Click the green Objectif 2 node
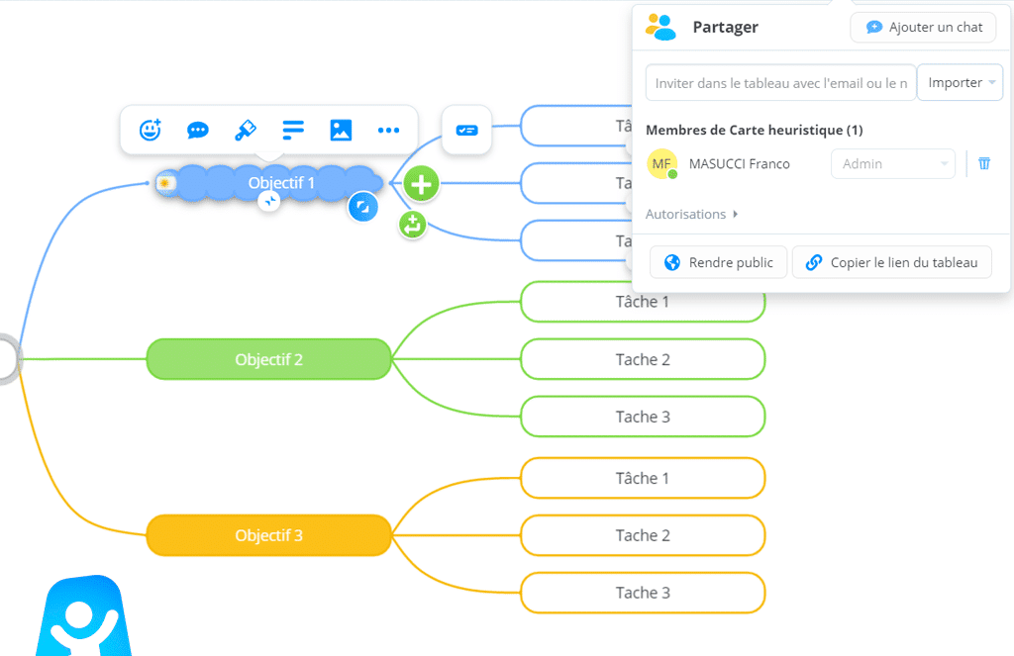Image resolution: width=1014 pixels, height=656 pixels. [269, 359]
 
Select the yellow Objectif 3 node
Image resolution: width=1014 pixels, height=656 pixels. [269, 535]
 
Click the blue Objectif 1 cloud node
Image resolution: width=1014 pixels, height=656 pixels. [281, 183]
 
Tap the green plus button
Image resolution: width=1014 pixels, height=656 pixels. [423, 183]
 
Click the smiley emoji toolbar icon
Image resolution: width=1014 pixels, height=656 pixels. [150, 130]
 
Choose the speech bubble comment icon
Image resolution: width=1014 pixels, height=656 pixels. [198, 130]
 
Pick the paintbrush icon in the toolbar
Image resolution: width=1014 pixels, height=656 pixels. [246, 130]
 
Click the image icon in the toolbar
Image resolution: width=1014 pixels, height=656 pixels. [341, 130]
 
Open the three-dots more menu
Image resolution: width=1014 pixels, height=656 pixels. [388, 130]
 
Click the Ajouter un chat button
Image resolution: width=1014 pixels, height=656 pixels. [923, 27]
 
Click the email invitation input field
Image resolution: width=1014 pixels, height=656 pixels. [780, 83]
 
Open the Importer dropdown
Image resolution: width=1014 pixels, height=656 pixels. [960, 83]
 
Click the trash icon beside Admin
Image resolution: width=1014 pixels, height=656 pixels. [984, 163]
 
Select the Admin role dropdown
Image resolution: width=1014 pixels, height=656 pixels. [892, 164]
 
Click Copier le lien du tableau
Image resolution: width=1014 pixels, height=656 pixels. [891, 262]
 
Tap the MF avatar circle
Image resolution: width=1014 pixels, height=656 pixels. [661, 164]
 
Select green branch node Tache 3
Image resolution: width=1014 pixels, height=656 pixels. [643, 417]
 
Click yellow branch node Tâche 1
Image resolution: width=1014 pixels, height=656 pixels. [643, 478]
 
